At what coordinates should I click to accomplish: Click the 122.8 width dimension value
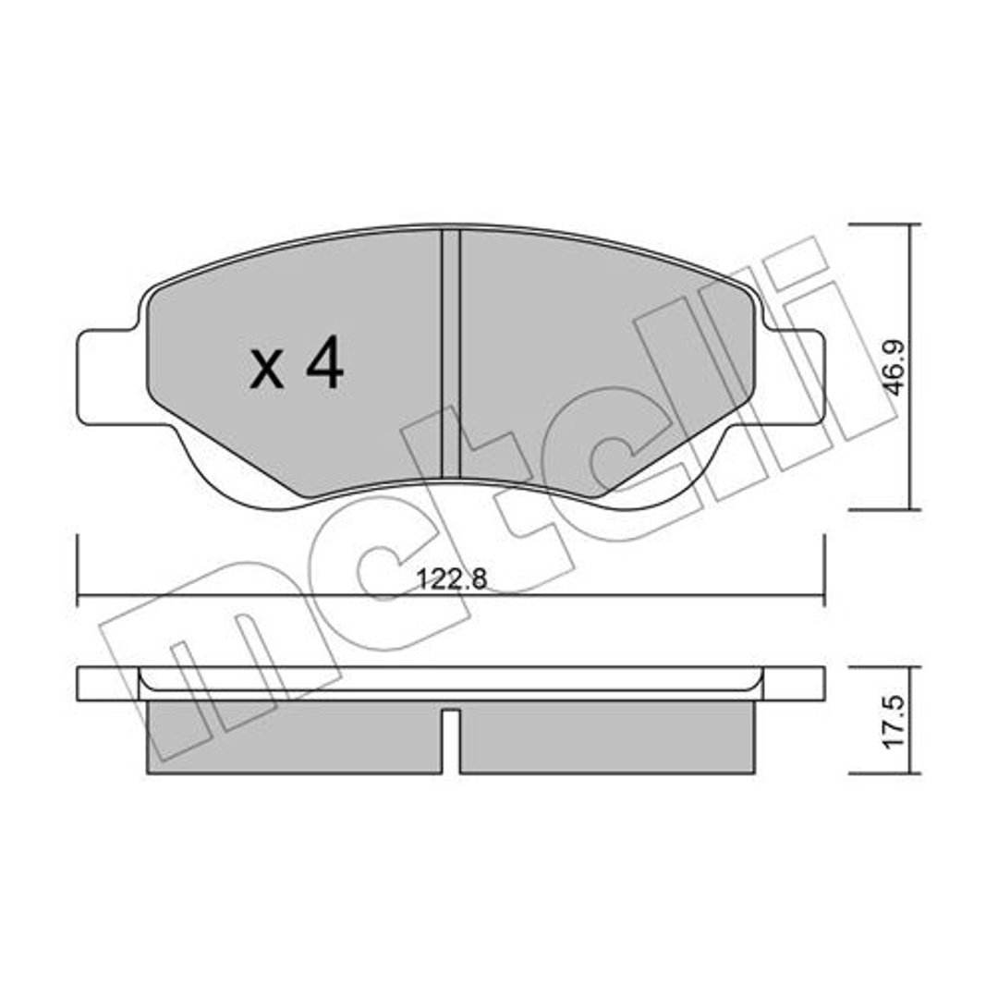click(x=451, y=579)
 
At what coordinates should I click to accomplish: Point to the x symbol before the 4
click(x=266, y=371)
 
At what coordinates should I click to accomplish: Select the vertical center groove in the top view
click(x=451, y=354)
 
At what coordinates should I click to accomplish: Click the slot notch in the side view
click(x=451, y=741)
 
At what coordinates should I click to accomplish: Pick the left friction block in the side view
click(x=294, y=737)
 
